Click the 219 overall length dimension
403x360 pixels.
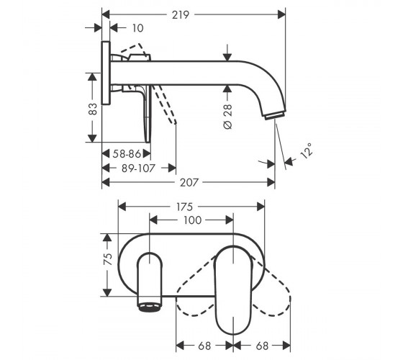tap(181, 14)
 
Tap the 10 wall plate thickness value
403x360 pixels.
tap(137, 28)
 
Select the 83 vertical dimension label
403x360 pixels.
tap(93, 109)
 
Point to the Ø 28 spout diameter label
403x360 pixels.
tap(227, 117)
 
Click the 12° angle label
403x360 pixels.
tap(307, 150)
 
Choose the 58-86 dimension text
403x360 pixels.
tap(127, 154)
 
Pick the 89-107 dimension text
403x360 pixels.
tap(138, 168)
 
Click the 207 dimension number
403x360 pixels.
tap(189, 183)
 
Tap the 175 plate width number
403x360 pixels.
tap(185, 207)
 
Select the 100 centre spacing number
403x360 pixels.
tap(193, 220)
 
